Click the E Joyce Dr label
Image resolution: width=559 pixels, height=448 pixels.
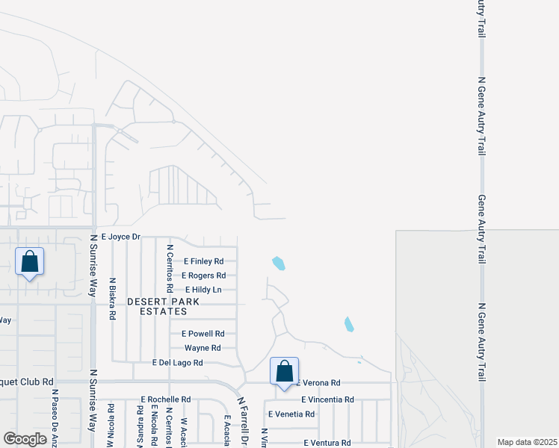[120, 237]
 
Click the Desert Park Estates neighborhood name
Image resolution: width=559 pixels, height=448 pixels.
[163, 306]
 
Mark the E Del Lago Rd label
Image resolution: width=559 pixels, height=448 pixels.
[177, 363]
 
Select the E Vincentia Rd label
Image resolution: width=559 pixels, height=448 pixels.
[327, 399]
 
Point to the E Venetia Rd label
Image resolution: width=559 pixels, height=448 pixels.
[291, 414]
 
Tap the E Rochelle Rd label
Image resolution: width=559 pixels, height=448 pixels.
[166, 399]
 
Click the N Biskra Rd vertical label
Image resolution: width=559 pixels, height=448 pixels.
[112, 299]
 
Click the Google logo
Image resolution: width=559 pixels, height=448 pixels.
[25, 438]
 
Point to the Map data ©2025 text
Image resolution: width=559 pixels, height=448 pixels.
[526, 442]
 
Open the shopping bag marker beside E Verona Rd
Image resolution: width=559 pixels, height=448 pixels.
[284, 371]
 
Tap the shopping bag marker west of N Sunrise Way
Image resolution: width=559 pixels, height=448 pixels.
[29, 262]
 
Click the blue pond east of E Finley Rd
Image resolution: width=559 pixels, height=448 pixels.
[279, 263]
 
